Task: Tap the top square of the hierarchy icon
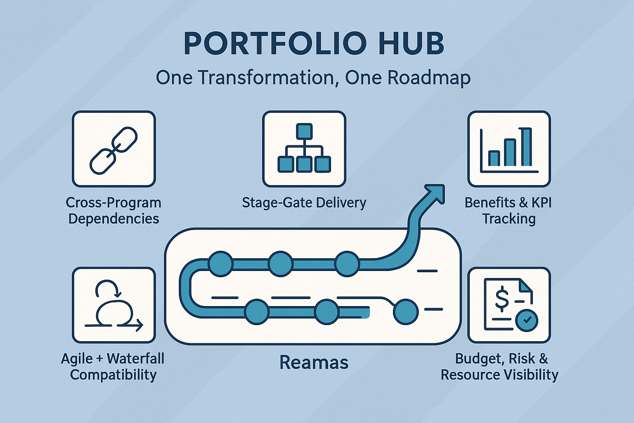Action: click(x=304, y=131)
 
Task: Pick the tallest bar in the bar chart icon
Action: click(x=526, y=147)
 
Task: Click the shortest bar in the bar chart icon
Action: click(x=494, y=158)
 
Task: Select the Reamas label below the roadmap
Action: click(x=314, y=362)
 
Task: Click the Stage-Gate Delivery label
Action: click(x=304, y=203)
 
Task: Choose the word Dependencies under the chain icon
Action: click(x=114, y=219)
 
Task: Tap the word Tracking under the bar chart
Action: click(x=509, y=219)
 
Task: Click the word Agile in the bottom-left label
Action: click(x=77, y=359)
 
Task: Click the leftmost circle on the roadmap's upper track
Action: click(x=221, y=264)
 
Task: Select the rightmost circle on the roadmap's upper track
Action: click(x=347, y=264)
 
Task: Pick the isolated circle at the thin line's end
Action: click(x=405, y=312)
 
